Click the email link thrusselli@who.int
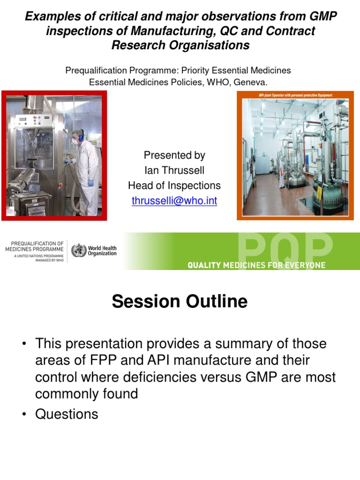(x=174, y=201)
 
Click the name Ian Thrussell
(x=174, y=171)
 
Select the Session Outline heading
(x=180, y=301)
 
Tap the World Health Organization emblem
(x=79, y=250)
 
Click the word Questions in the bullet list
(x=67, y=414)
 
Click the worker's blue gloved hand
(x=90, y=183)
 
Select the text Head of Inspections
(x=174, y=186)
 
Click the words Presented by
(x=174, y=155)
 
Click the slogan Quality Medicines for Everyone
(x=256, y=265)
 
